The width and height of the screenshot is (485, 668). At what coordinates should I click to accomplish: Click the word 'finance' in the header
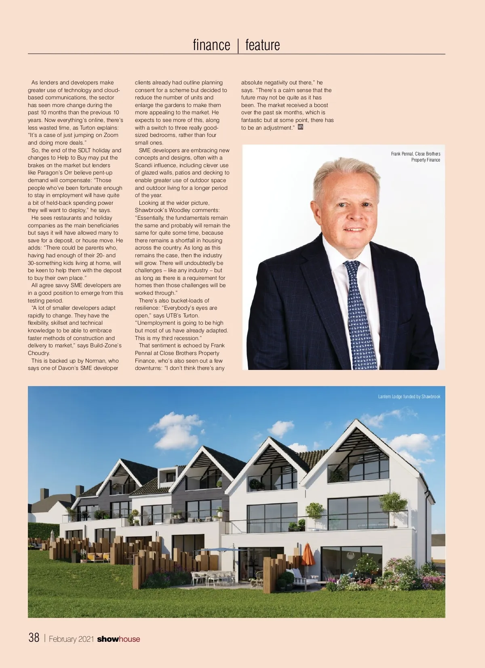click(x=211, y=45)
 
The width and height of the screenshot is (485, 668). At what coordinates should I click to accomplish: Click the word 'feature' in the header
click(x=262, y=45)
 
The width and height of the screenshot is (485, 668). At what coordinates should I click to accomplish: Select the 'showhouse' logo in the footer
click(x=118, y=639)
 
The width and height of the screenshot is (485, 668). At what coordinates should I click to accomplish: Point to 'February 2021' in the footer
click(x=72, y=639)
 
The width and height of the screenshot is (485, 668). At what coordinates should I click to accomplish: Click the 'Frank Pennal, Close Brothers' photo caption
click(x=415, y=154)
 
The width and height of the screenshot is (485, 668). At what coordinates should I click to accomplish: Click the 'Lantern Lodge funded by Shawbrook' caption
click(x=409, y=397)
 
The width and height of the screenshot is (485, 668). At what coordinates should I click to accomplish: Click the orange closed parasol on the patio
click(x=308, y=554)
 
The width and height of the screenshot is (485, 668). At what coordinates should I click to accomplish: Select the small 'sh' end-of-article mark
click(x=300, y=127)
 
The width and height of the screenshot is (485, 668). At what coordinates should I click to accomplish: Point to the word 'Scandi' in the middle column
click(x=143, y=165)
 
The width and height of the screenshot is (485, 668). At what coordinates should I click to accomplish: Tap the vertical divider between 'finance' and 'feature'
click(x=238, y=45)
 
